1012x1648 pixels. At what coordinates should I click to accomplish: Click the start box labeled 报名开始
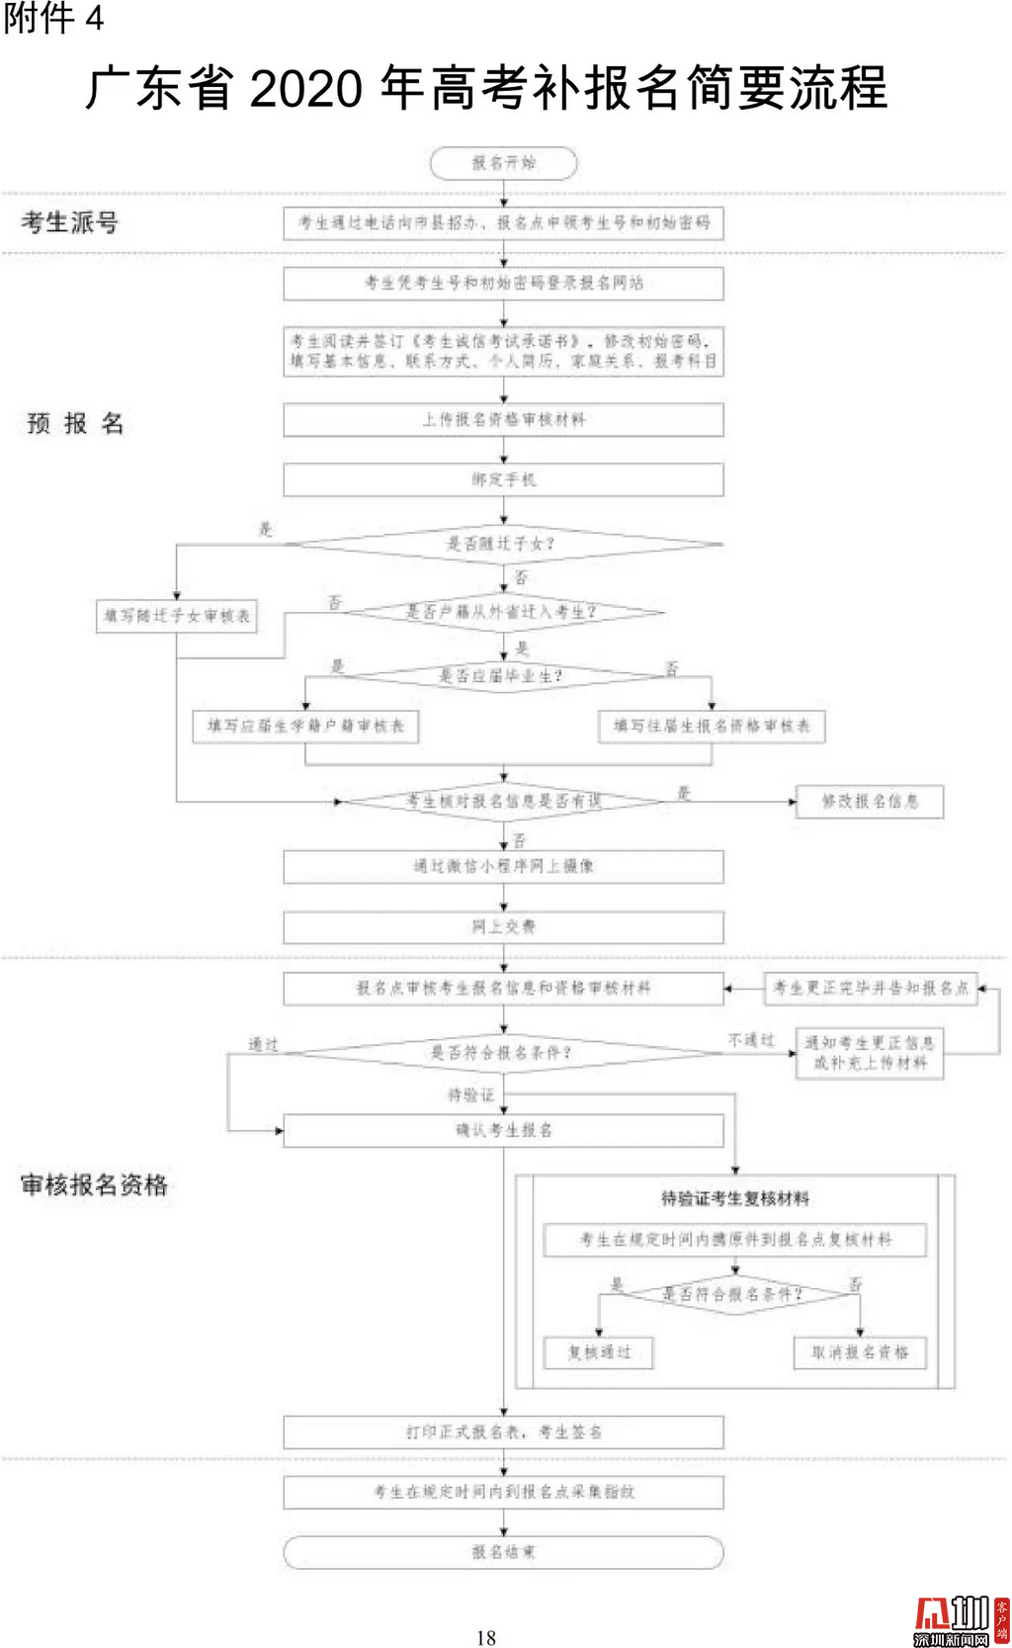[503, 163]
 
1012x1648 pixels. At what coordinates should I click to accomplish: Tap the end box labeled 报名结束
[503, 1552]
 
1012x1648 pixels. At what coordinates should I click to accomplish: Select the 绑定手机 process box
[503, 479]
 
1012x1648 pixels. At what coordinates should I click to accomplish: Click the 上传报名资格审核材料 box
[503, 419]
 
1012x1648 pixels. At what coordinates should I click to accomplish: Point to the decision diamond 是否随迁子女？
[503, 544]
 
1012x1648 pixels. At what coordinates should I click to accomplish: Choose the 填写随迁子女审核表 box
[177, 616]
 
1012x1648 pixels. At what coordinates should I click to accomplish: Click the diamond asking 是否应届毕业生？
[503, 676]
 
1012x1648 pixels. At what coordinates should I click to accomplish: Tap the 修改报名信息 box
[870, 801]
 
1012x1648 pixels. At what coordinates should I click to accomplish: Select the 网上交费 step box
[503, 927]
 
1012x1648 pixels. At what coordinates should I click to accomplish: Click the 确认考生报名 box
[503, 1130]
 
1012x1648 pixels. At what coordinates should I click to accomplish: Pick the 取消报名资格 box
[860, 1352]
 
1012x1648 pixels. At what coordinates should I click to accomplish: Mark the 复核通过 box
[599, 1352]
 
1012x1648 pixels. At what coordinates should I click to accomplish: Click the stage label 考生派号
[70, 222]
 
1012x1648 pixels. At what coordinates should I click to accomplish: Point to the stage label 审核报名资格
[95, 1185]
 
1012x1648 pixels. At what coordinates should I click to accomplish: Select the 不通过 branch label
[751, 1041]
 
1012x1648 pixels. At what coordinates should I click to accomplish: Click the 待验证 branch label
[470, 1095]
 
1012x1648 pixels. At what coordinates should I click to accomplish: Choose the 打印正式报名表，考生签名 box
[503, 1431]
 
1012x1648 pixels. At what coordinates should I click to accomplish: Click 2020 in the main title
[306, 89]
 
